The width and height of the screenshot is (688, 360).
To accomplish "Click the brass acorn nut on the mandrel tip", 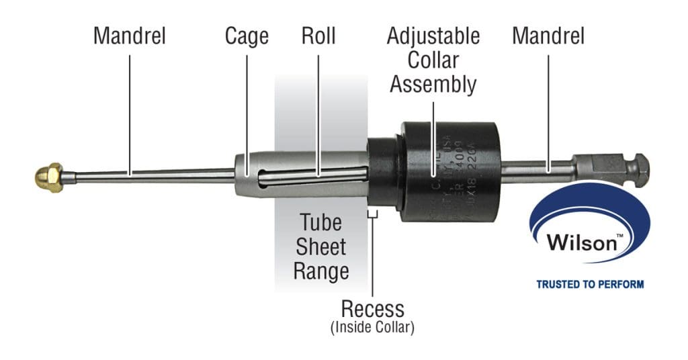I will point(49,177).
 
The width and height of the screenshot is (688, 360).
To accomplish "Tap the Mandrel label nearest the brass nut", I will point(129,36).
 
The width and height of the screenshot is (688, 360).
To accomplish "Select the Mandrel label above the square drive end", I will point(548,36).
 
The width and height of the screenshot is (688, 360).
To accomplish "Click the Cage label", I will point(247,36).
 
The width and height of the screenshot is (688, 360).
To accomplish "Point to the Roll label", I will point(318,36).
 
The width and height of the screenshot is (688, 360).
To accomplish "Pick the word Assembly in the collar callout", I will point(433,85).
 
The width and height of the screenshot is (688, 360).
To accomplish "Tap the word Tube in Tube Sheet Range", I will point(320,222).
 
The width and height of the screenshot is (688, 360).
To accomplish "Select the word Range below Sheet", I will point(320,271).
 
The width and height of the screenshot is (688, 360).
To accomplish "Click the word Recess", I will point(372,309).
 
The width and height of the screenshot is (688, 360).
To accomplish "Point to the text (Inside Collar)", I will point(372,328).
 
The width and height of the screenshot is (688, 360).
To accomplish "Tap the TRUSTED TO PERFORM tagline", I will point(589,284).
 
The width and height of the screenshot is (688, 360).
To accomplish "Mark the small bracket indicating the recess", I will point(372,214).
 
